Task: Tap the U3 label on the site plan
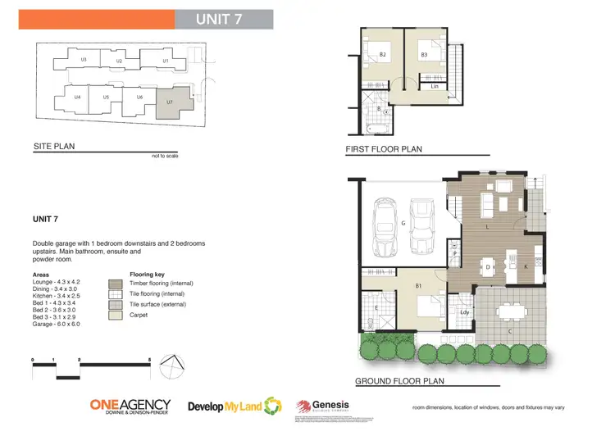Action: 84,60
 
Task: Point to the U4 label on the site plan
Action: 77,98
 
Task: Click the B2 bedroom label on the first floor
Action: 382,55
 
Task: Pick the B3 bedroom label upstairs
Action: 424,55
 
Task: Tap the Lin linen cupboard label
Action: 435,85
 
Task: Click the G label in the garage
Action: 403,223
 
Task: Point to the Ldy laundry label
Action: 464,311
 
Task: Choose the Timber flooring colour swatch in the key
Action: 114,283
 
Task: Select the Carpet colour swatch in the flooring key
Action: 114,314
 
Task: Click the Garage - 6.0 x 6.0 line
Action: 57,324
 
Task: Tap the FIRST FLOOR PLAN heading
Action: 384,150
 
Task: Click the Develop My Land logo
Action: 234,406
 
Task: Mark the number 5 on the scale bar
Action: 149,360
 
